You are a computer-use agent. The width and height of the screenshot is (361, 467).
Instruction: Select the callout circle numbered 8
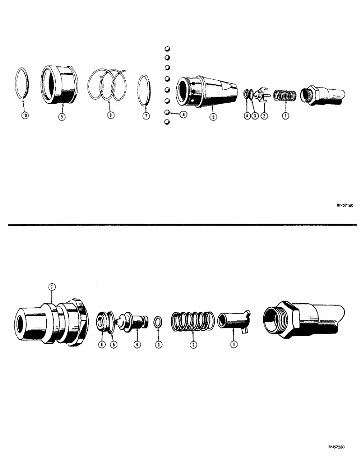(x=110, y=115)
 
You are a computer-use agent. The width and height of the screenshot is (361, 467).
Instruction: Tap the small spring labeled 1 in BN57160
(x=283, y=97)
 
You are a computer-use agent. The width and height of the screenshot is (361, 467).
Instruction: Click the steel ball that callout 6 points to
(x=167, y=113)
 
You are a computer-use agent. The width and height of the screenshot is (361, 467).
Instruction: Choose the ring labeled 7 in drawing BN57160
(x=145, y=89)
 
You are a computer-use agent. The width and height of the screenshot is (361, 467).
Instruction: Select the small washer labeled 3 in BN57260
(x=159, y=322)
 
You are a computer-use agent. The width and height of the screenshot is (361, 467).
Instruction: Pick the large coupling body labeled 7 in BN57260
(x=50, y=321)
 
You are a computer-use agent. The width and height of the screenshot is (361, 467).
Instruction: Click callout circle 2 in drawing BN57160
(x=265, y=116)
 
